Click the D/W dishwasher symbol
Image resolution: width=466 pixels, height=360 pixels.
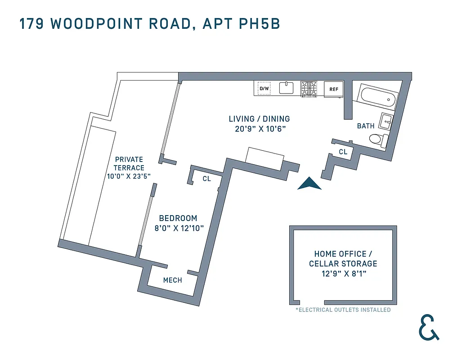point(264,88)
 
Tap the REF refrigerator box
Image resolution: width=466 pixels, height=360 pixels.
point(334,89)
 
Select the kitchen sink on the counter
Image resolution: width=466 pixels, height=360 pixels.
point(287,87)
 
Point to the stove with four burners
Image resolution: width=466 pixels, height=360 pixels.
point(309,89)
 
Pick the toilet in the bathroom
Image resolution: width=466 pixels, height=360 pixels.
point(377,140)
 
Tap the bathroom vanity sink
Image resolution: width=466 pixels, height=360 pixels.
point(386,121)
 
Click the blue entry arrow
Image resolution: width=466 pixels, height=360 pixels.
point(309,184)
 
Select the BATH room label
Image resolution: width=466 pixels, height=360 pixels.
point(366,126)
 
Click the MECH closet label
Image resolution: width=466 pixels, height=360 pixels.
point(173,280)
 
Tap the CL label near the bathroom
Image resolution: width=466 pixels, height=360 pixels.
point(343,152)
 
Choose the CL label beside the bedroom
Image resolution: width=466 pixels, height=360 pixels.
point(206,179)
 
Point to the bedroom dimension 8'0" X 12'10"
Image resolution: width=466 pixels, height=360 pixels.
point(179,228)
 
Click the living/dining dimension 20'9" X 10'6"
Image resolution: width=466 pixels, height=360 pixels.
point(260,129)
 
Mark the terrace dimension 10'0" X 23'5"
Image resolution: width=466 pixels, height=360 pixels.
point(129,176)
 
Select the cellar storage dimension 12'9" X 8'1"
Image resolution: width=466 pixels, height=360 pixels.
point(343,274)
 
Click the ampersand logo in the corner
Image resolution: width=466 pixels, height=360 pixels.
point(428,327)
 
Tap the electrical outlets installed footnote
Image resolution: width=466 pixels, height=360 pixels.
point(343,310)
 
